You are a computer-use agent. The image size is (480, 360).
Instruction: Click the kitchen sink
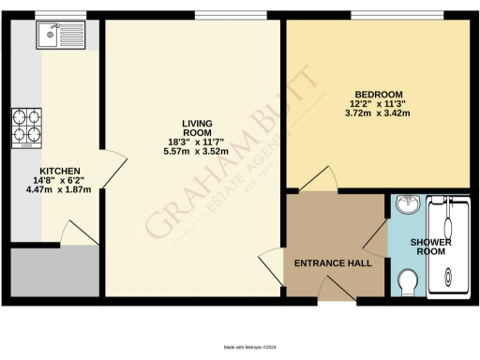pyautogui.click(x=59, y=37)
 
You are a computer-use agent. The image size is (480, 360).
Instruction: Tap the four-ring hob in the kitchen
pyautogui.click(x=26, y=127)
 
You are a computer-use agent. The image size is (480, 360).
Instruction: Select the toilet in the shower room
pyautogui.click(x=406, y=282)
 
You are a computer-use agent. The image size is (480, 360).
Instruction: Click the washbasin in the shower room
pyautogui.click(x=406, y=207)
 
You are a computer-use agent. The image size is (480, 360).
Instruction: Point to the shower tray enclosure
pyautogui.click(x=448, y=247)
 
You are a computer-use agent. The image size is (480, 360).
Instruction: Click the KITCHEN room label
pyautogui.click(x=57, y=171)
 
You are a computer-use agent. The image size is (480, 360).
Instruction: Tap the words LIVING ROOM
pyautogui.click(x=197, y=127)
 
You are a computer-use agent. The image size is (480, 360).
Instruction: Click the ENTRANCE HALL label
pyautogui.click(x=333, y=263)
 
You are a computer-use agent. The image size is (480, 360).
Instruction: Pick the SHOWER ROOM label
pyautogui.click(x=432, y=247)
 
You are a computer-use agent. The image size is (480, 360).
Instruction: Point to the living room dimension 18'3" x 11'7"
pyautogui.click(x=197, y=142)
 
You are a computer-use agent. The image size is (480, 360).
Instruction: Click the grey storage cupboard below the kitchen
pyautogui.click(x=52, y=272)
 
